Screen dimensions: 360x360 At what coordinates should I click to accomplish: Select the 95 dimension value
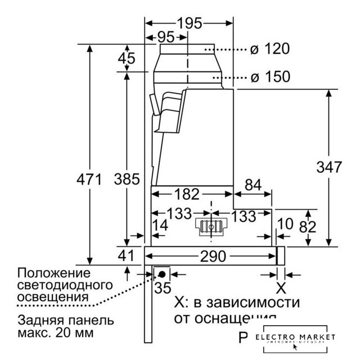tap(165, 38)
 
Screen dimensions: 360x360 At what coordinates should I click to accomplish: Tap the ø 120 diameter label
tap(270, 49)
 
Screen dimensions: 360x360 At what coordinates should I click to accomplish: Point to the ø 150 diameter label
tap(270, 77)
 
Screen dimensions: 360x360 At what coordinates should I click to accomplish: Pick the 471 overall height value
tap(88, 180)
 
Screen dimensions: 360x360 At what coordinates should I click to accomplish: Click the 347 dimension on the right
tap(328, 167)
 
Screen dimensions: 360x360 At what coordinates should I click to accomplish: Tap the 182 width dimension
tap(187, 194)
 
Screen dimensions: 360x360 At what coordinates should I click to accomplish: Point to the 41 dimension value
tap(126, 256)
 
